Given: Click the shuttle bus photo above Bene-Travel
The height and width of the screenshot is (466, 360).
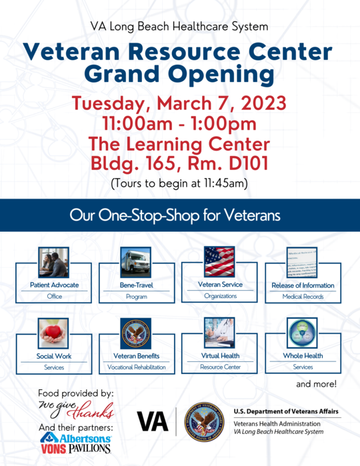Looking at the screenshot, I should (135, 261).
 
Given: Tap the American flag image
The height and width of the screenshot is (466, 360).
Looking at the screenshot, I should (218, 261).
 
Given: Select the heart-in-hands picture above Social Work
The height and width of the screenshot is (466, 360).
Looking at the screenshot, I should (53, 333).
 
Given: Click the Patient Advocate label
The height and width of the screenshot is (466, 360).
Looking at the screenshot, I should (53, 285).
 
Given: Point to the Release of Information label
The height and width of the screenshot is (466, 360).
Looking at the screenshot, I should (303, 285).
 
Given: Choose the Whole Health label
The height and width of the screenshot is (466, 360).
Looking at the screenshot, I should (303, 356).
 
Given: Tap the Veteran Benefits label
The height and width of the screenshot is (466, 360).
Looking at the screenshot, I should (136, 356).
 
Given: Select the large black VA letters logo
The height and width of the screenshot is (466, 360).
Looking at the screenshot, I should (152, 421).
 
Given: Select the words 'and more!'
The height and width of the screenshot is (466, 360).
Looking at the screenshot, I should (316, 385).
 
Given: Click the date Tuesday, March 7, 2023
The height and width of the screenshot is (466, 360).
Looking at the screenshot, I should (179, 104).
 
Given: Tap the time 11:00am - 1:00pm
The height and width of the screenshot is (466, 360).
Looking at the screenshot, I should (179, 124).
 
